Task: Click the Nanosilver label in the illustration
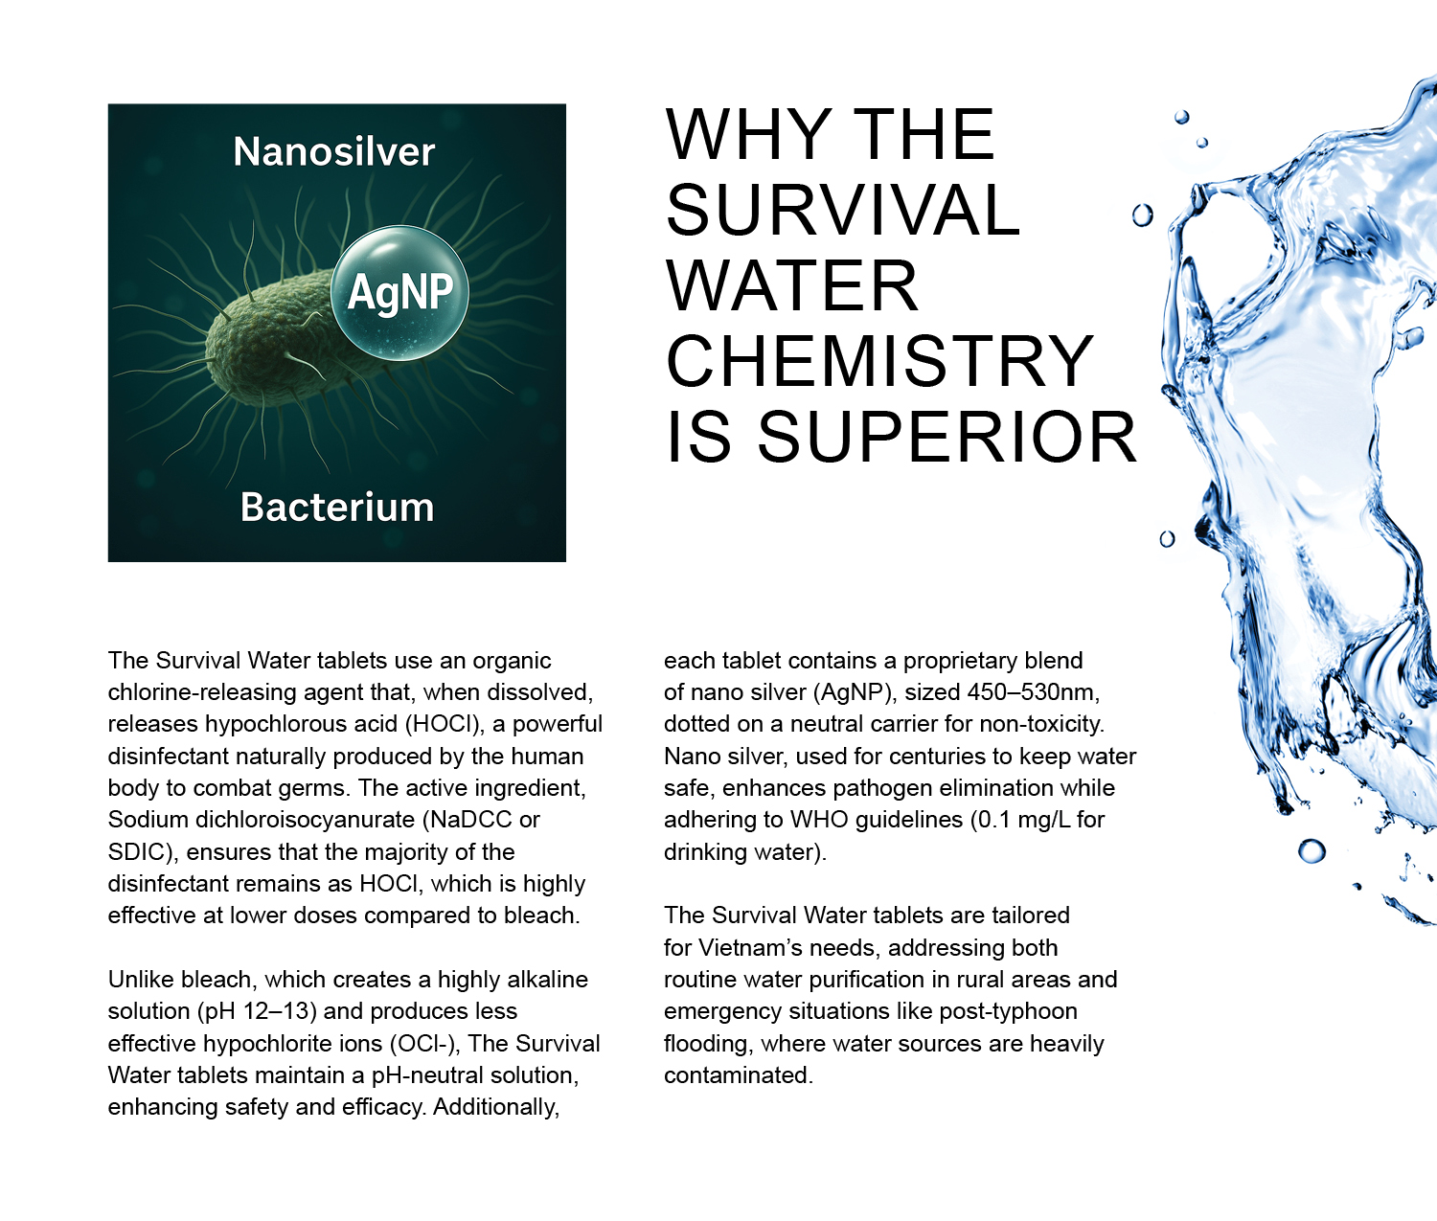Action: tap(333, 151)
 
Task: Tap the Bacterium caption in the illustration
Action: tap(337, 507)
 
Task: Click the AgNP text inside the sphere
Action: tap(399, 292)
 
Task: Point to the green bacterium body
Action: tap(278, 341)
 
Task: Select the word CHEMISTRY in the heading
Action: tap(879, 361)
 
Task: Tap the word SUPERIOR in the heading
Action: tap(947, 437)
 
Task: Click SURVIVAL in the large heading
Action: tap(843, 209)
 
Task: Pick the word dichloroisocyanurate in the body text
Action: tap(306, 820)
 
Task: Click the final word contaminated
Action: tap(739, 1075)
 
